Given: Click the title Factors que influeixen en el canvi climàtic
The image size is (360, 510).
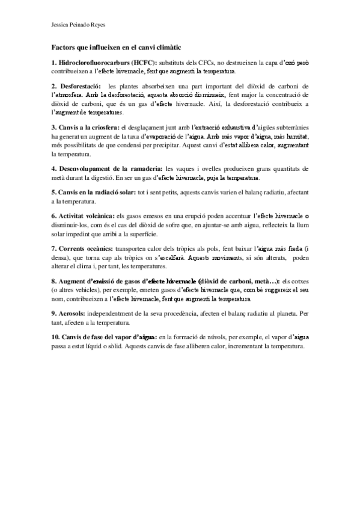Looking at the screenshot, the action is pos(116,47).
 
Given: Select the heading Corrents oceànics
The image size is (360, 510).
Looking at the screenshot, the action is pos(84,248).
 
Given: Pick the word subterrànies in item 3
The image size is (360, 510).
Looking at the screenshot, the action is pos(289,127).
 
